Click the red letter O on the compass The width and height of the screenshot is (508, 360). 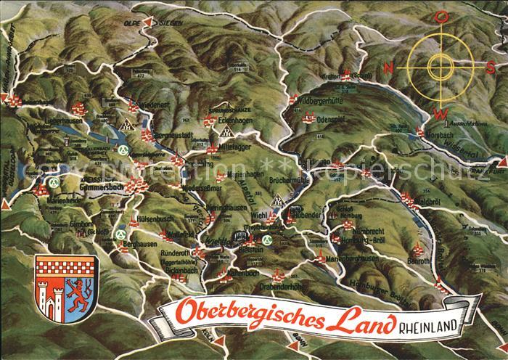point(439,19)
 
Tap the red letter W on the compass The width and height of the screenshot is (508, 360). point(441,113)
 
